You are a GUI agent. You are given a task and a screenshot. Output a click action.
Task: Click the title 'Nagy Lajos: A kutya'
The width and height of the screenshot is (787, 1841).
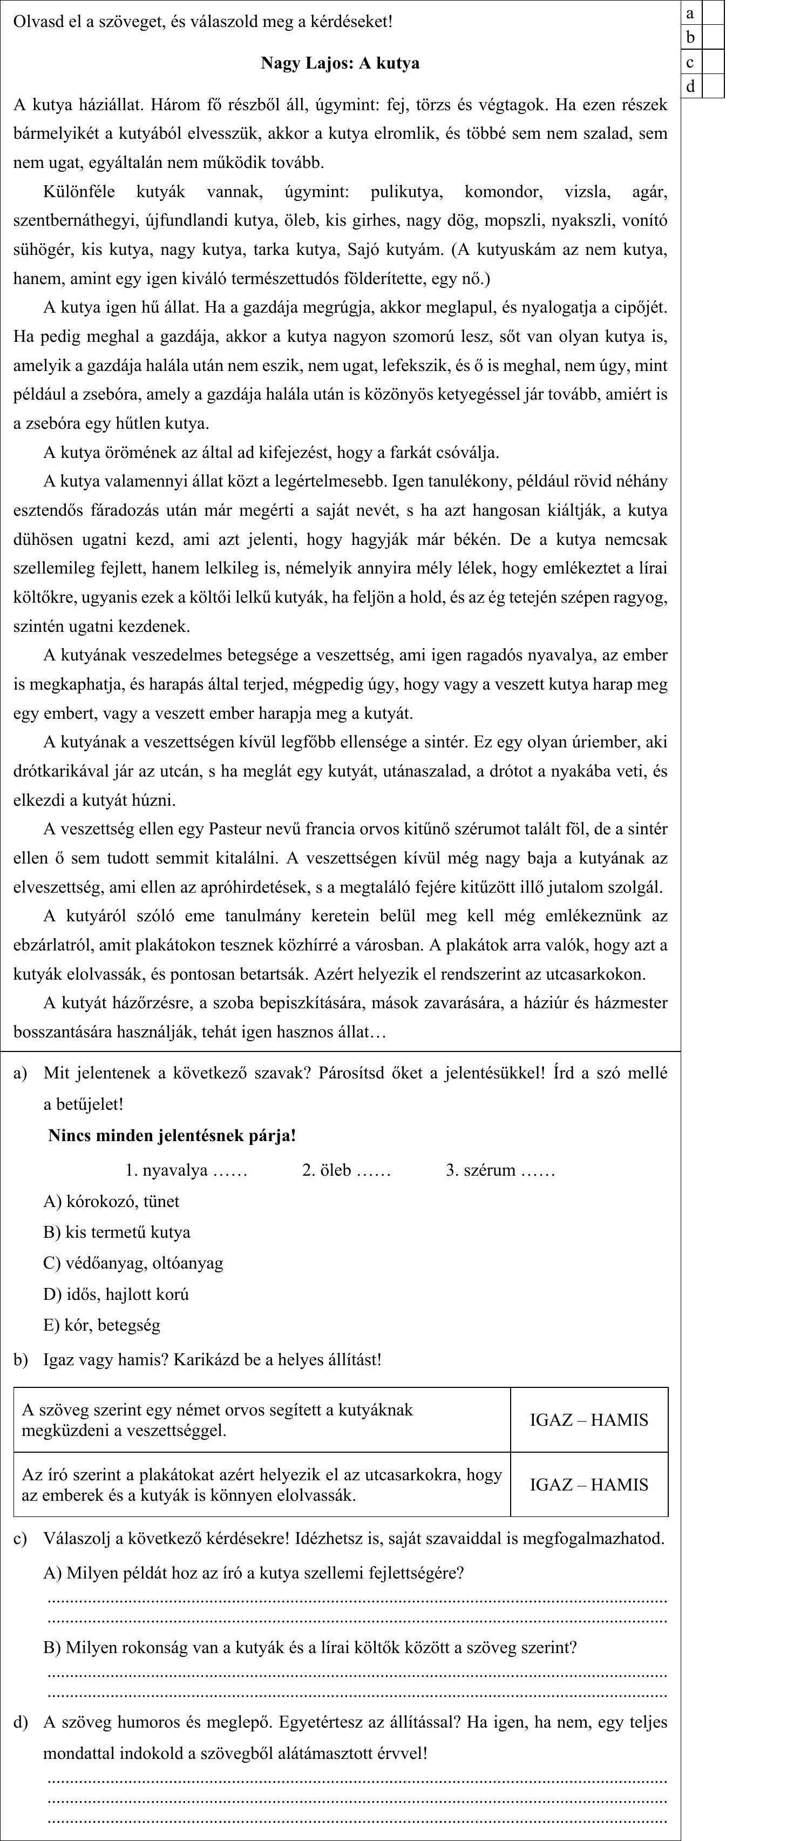[x=340, y=64]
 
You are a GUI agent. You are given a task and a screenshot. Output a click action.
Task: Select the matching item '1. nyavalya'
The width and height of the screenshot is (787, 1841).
[x=186, y=1170]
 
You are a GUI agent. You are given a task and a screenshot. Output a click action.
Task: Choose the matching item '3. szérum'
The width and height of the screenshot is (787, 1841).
[x=500, y=1170]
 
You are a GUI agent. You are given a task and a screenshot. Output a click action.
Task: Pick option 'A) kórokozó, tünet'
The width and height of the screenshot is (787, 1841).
[x=111, y=1202]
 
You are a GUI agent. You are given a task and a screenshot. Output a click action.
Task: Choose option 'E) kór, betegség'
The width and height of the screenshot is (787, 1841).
[x=101, y=1325]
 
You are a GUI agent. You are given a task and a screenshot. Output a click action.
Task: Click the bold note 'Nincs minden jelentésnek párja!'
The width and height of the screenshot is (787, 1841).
[x=172, y=1136]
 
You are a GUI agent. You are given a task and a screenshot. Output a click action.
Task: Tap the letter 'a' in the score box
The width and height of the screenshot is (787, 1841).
[x=690, y=13]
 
